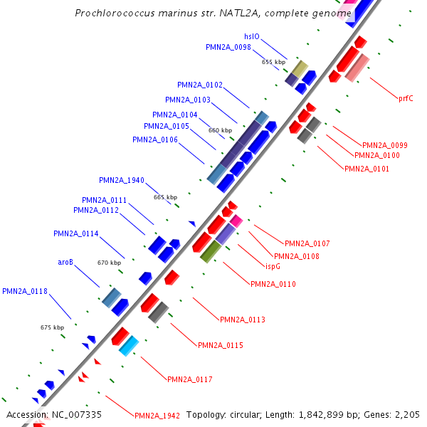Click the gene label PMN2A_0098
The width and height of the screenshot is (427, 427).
(228, 47)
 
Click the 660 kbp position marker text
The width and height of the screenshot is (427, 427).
(220, 130)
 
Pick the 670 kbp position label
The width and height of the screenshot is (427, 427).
(109, 263)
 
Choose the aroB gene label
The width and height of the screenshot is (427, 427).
(65, 262)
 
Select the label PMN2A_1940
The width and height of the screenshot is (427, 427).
(122, 180)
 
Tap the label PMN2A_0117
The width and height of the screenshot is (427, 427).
(190, 379)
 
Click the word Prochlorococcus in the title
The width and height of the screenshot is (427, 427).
(114, 13)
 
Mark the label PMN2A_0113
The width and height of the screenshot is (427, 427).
(243, 320)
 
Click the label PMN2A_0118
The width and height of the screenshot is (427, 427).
(25, 291)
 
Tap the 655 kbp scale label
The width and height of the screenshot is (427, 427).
(273, 62)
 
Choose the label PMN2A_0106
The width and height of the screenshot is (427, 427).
(155, 139)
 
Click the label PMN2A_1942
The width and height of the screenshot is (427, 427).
(157, 415)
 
